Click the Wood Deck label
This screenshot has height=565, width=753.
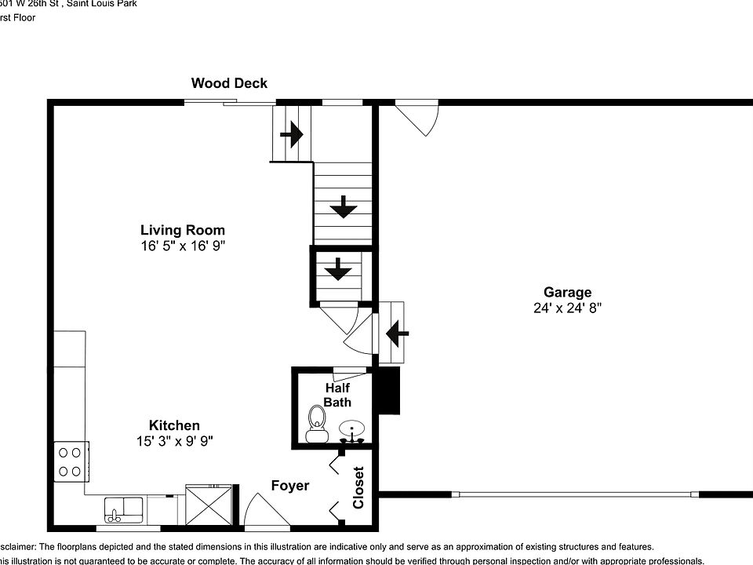click(229, 83)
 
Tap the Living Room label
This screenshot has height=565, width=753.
click(183, 230)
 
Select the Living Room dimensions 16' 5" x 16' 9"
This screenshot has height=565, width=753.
click(183, 246)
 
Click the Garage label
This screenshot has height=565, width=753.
click(567, 293)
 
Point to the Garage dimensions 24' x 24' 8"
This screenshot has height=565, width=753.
click(567, 308)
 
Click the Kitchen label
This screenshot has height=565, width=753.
click(174, 425)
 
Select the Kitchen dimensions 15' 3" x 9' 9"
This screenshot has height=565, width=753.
click(174, 442)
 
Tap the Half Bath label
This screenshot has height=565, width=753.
click(337, 395)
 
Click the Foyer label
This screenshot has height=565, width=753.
click(290, 486)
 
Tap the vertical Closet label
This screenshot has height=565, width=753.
click(358, 487)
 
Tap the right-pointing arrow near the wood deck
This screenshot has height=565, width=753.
click(291, 134)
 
